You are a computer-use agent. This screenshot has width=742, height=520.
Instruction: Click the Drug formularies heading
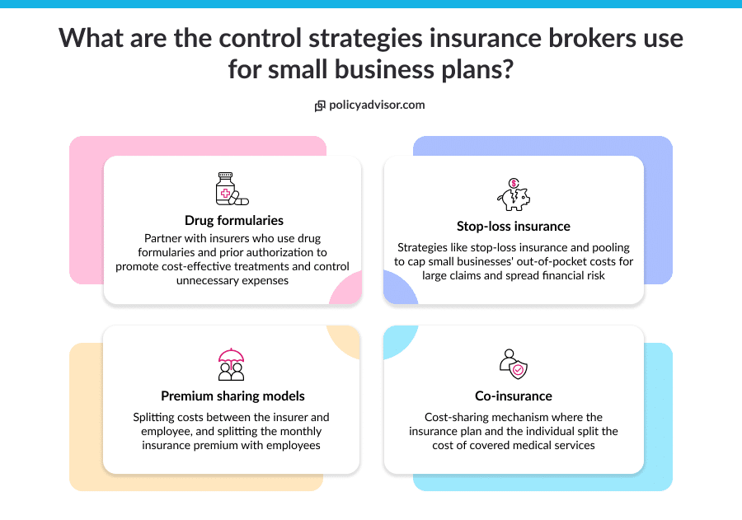pyautogui.click(x=234, y=220)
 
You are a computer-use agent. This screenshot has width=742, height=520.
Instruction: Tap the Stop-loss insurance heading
pyautogui.click(x=513, y=226)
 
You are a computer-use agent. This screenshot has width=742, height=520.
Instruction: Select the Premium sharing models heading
pyautogui.click(x=232, y=396)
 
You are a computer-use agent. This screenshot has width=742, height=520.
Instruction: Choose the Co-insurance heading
pyautogui.click(x=514, y=396)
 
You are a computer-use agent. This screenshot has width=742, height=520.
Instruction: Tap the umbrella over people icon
pyautogui.click(x=231, y=364)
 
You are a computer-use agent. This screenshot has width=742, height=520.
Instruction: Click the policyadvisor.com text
pyautogui.click(x=377, y=105)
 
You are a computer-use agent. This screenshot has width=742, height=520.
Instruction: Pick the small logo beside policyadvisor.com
pyautogui.click(x=320, y=105)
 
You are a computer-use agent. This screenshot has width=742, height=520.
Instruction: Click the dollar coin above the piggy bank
pyautogui.click(x=514, y=183)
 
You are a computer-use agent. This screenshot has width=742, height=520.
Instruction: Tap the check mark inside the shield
pyautogui.click(x=518, y=370)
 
